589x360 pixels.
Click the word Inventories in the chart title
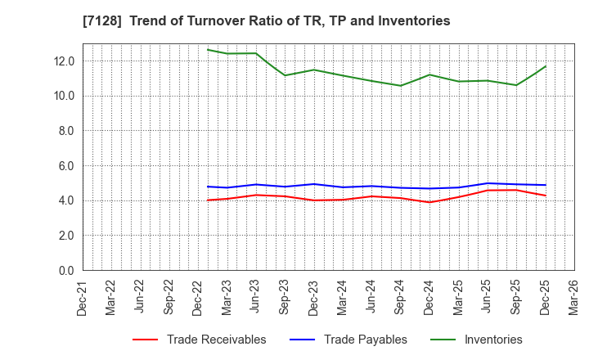414,21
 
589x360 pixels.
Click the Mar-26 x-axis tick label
572,296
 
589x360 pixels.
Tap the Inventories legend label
492,340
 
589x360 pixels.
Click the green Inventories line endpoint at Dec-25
546,66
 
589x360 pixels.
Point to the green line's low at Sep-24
401,85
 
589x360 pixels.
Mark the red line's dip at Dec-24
429,202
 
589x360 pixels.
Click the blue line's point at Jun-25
488,183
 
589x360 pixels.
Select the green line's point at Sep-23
285,75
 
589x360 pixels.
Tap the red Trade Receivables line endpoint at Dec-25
546,196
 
